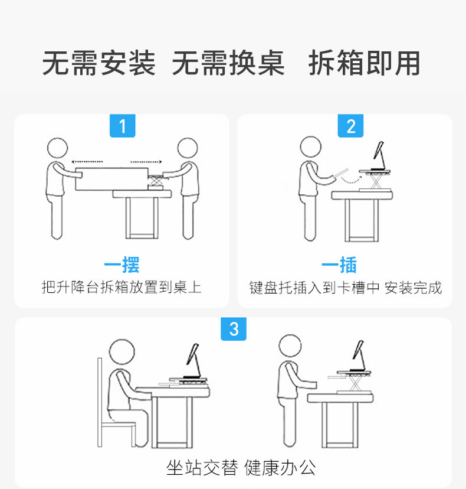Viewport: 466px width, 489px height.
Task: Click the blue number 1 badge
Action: coord(123,126)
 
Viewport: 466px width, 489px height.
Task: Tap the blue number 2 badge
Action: coord(350,126)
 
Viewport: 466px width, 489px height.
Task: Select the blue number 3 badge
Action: coord(234,329)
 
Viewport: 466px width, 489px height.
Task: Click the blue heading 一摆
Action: coord(122,265)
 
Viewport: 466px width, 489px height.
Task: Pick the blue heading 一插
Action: coord(339,265)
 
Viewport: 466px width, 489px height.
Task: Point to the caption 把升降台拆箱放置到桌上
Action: coord(122,287)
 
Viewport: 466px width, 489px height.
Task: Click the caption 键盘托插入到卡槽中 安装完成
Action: coord(346,288)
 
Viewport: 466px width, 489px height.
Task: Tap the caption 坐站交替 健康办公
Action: coord(241,468)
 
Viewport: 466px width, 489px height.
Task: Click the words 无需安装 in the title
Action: coord(99,63)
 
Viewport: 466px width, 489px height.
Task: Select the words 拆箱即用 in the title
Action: coord(365,63)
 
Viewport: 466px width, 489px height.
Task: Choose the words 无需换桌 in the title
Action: coord(228,63)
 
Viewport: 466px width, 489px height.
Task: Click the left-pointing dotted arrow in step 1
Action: coord(87,162)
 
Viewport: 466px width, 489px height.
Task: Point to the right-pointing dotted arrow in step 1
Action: coord(146,162)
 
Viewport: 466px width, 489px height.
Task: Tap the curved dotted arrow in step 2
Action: coord(352,181)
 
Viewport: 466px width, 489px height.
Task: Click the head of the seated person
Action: coord(122,351)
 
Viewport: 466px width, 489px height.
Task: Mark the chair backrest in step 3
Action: coord(100,402)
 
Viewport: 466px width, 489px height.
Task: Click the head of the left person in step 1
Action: coord(57,148)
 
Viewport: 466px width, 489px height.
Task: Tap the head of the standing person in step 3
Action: coord(290,345)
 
